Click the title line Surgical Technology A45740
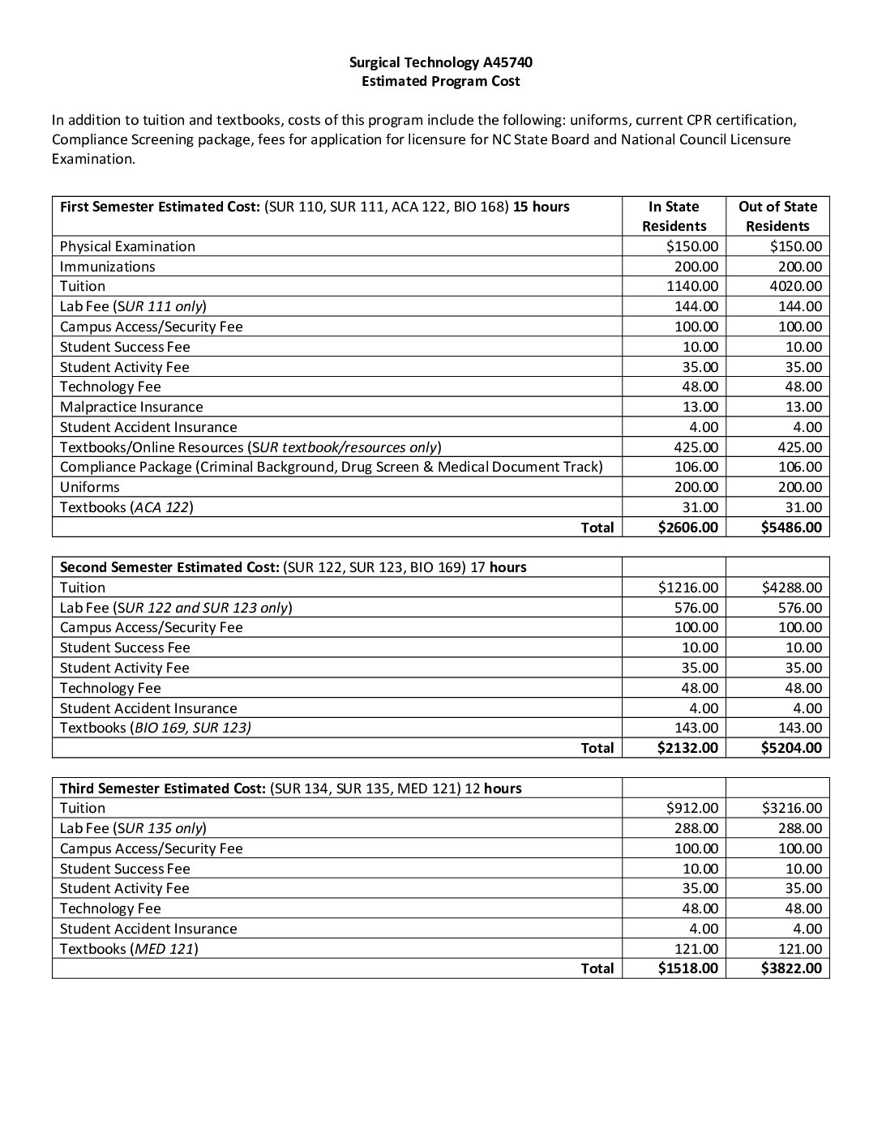(x=440, y=62)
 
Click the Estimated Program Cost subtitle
(x=440, y=81)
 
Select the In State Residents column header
(x=674, y=216)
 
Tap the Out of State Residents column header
(x=777, y=216)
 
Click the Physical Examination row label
(x=127, y=246)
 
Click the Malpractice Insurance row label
(x=131, y=407)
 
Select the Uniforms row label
(x=89, y=487)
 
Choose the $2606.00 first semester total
(x=687, y=528)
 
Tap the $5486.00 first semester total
(x=791, y=528)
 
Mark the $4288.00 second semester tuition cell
(x=791, y=588)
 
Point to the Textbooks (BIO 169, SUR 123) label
(x=155, y=728)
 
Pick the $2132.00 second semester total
(x=687, y=748)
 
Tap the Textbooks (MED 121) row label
(x=129, y=949)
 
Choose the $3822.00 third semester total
(x=791, y=968)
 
